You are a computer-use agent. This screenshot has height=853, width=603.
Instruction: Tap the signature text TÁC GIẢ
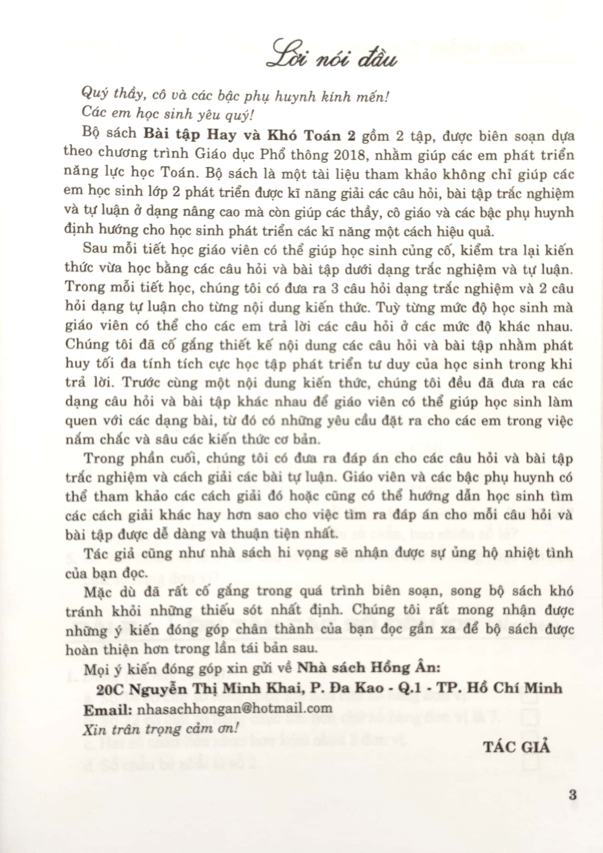coord(516,747)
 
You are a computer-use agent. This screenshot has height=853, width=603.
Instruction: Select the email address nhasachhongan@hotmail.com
coord(235,708)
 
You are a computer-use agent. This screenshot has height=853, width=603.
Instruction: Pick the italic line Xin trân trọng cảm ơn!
coord(160,729)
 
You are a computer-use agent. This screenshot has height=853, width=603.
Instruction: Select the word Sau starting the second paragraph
coord(95,249)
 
